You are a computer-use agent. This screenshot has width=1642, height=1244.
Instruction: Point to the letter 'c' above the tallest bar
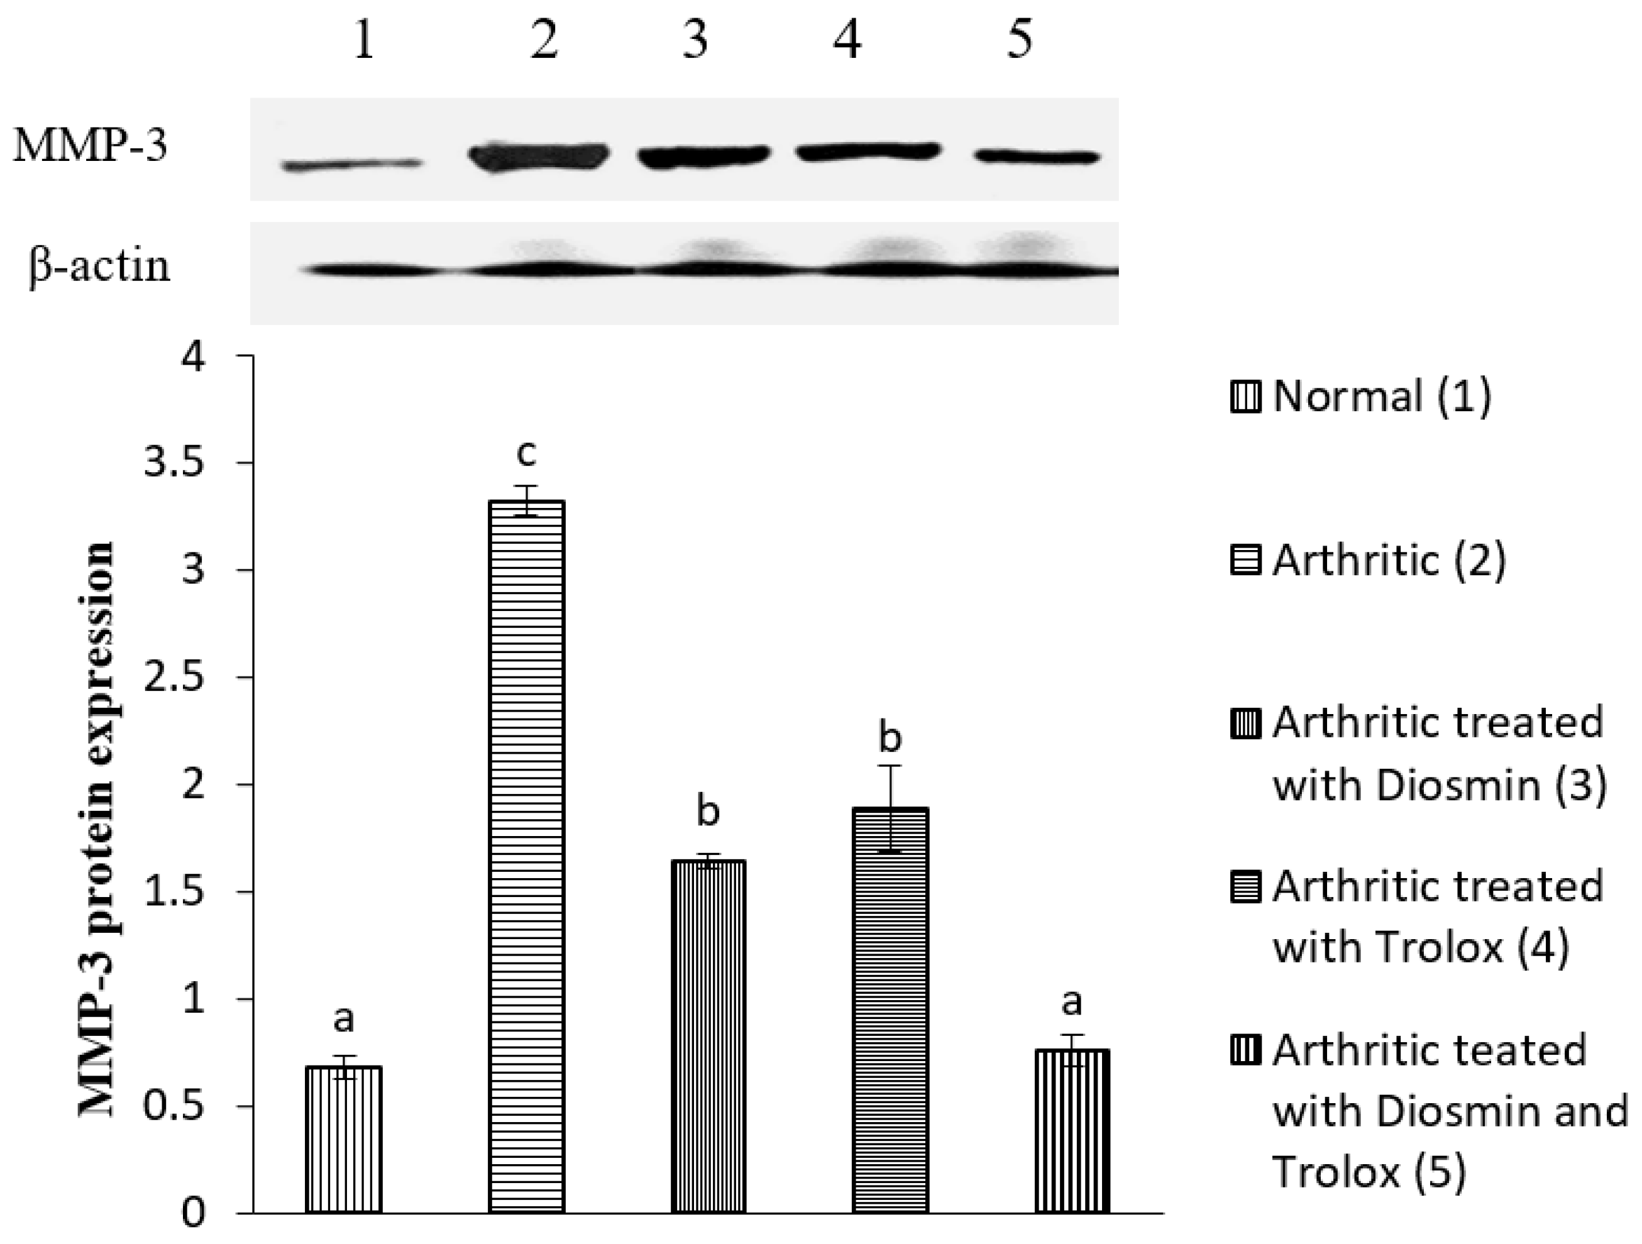coord(526,453)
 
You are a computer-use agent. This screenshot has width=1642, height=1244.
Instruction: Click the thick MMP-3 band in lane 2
coord(539,157)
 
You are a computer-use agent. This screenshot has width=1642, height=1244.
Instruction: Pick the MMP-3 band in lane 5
coord(1035,157)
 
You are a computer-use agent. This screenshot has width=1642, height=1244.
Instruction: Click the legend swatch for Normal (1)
coord(1245,397)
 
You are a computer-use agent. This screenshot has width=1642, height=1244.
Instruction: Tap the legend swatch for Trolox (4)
coord(1245,888)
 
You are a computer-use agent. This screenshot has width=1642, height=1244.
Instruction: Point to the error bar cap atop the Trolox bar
coord(890,765)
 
